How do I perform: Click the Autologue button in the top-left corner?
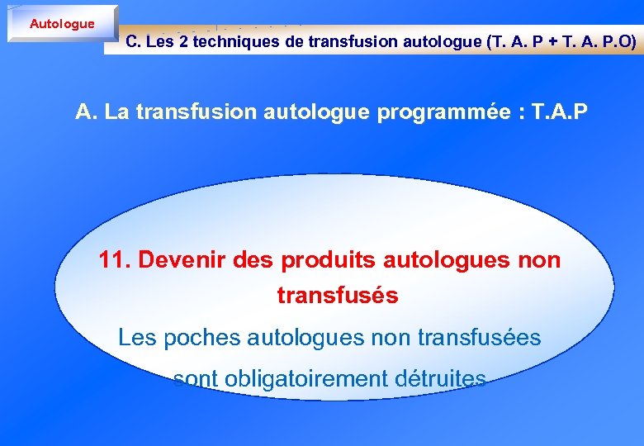click(x=62, y=24)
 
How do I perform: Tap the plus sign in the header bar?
click(x=555, y=41)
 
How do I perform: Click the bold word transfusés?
click(x=338, y=295)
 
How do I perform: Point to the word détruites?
click(x=439, y=379)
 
